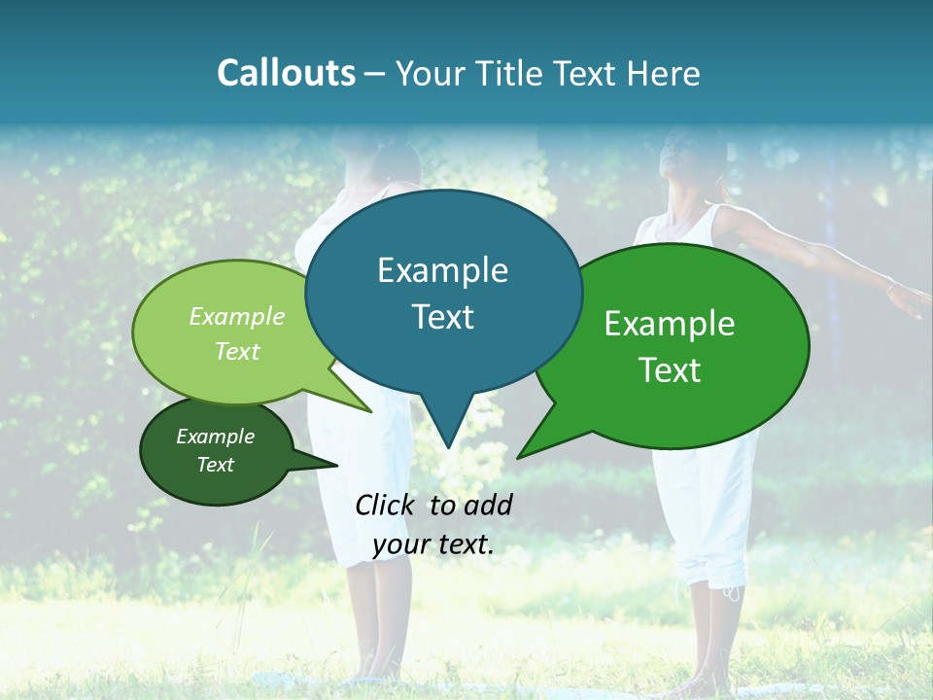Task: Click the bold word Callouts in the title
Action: tap(286, 73)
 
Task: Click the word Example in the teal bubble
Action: tap(442, 270)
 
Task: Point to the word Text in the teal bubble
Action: tap(442, 317)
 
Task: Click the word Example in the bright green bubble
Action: tap(670, 324)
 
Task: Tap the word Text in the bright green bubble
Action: tap(670, 370)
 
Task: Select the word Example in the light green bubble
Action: tap(237, 317)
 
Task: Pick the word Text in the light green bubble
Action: tap(237, 351)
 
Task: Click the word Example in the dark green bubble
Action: tap(216, 437)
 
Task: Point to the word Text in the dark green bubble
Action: tap(216, 465)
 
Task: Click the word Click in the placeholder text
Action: tap(388, 505)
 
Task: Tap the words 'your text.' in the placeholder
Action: tap(433, 545)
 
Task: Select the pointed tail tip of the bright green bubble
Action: tap(518, 457)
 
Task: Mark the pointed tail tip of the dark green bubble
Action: tap(336, 465)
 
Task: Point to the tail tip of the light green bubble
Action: tap(370, 411)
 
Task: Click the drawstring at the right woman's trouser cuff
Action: tap(732, 590)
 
